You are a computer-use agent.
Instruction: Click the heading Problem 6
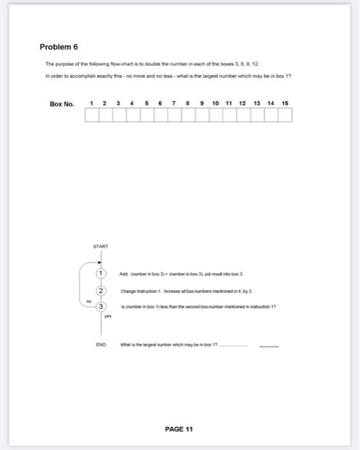pyautogui.click(x=59, y=47)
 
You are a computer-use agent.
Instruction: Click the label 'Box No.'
pyautogui.click(x=62, y=104)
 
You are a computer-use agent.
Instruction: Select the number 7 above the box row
pyautogui.click(x=174, y=104)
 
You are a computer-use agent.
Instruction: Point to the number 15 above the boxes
pyautogui.click(x=284, y=104)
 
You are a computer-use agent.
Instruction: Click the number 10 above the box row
pyautogui.click(x=215, y=104)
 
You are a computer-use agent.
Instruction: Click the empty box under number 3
pyautogui.click(x=119, y=115)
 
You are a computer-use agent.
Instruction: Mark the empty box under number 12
pyautogui.click(x=243, y=115)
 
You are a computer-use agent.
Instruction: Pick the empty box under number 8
pyautogui.click(x=188, y=115)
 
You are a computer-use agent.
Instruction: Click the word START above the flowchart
pyautogui.click(x=100, y=246)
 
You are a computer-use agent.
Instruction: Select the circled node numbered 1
pyautogui.click(x=101, y=273)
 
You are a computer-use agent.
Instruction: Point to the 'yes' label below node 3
pyautogui.click(x=108, y=317)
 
